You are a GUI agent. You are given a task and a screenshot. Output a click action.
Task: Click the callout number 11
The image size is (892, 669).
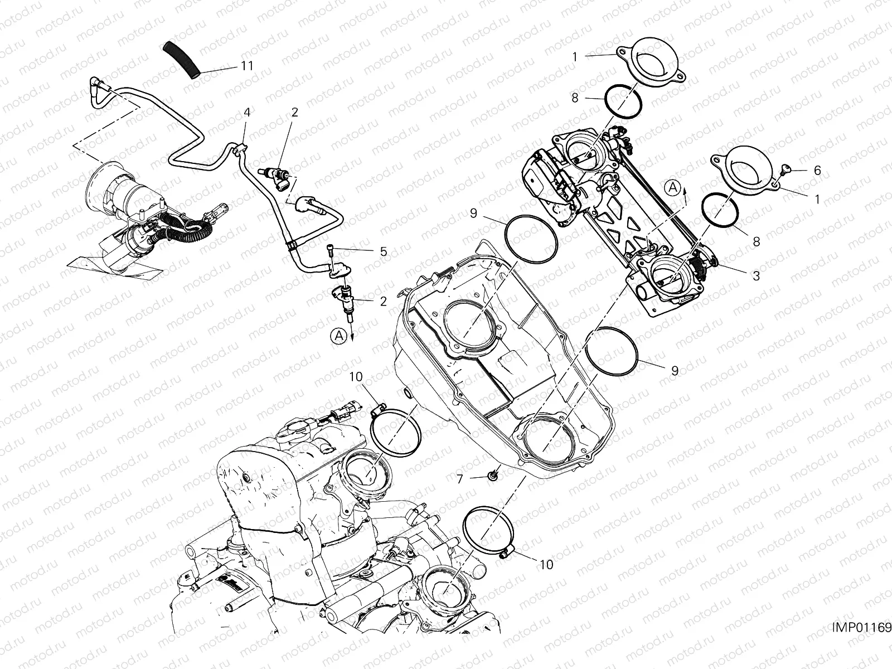click(247, 66)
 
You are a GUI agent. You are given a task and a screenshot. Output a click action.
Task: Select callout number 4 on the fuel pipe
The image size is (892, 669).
click(247, 112)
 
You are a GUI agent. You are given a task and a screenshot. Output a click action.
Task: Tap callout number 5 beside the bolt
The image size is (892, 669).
click(384, 251)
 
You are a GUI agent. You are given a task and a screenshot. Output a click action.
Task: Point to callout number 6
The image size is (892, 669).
click(817, 171)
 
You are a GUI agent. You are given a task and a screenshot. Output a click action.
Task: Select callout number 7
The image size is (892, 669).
click(460, 478)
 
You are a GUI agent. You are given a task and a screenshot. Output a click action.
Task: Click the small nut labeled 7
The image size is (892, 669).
click(493, 476)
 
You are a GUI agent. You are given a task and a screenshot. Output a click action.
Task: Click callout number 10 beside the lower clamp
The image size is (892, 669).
click(547, 565)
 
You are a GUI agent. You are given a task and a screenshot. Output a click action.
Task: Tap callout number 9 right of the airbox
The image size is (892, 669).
click(675, 370)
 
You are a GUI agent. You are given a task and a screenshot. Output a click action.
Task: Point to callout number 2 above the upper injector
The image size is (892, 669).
click(295, 112)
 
